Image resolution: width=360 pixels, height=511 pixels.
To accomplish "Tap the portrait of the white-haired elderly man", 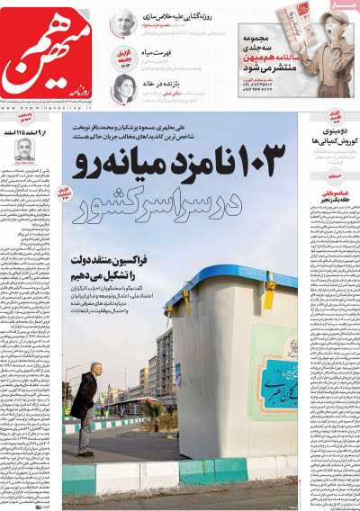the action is pos(123,22).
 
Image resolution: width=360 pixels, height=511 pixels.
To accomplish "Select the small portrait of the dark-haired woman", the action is pos(123,87).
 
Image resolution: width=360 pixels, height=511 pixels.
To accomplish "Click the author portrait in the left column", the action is pos(24,148).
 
